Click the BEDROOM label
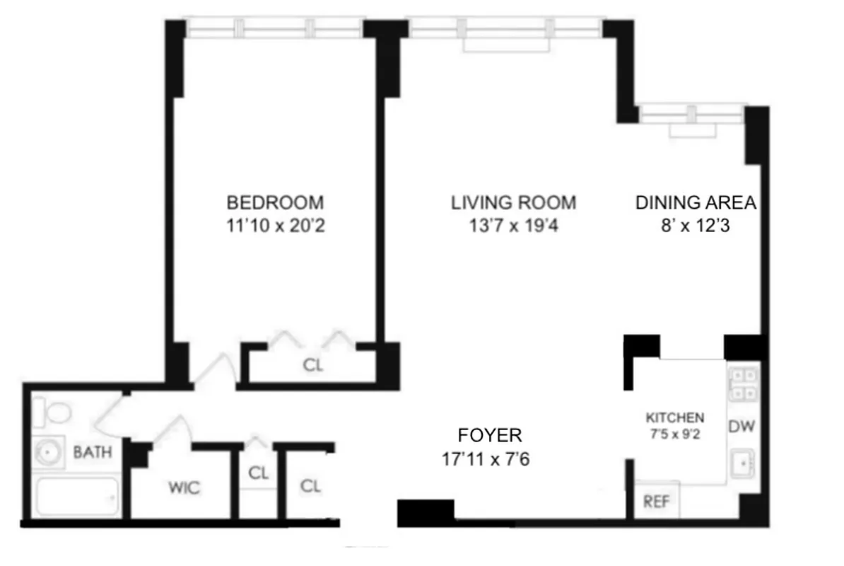[275, 203]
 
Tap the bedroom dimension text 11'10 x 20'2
[275, 227]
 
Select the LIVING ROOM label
[513, 203]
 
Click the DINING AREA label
[696, 203]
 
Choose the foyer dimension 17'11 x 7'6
[486, 460]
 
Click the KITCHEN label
[675, 417]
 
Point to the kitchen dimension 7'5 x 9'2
[675, 434]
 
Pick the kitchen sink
[743, 465]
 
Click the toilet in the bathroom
[51, 411]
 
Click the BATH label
[93, 451]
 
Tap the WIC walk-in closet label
[184, 487]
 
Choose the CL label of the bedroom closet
[312, 366]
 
